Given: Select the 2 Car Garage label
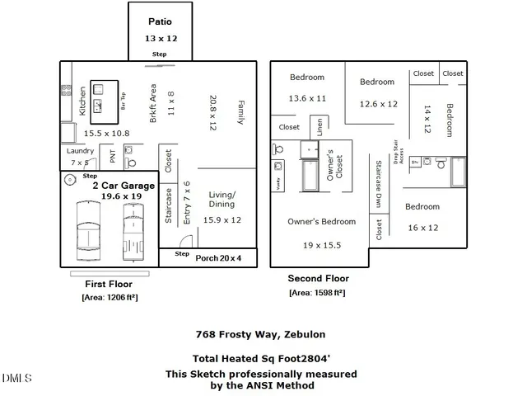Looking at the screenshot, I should pyautogui.click(x=123, y=186).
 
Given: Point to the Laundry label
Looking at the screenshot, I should pyautogui.click(x=80, y=151).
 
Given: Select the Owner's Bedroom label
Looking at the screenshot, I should pyautogui.click(x=321, y=221).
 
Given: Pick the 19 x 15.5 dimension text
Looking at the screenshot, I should pyautogui.click(x=321, y=245).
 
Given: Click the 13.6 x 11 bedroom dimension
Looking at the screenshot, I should pyautogui.click(x=307, y=97).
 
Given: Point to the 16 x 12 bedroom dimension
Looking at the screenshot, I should pyautogui.click(x=423, y=227).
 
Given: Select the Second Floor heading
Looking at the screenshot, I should pyautogui.click(x=318, y=279).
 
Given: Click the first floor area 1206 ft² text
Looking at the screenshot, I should pyautogui.click(x=109, y=297).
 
